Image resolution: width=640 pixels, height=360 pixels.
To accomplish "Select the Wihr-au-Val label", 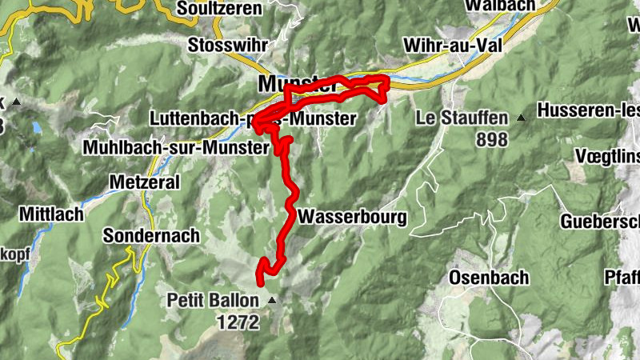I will click(x=453, y=45).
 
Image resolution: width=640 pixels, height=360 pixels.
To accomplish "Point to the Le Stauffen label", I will click(x=462, y=118).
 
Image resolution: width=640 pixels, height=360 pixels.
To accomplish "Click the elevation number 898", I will click(x=491, y=140).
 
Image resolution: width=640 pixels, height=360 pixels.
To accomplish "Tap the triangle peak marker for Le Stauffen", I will click(x=522, y=118).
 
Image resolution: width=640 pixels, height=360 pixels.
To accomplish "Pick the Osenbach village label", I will click(x=489, y=278).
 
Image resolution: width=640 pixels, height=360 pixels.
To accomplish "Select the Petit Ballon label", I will click(x=213, y=301).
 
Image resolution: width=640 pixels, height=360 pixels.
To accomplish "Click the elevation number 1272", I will click(x=238, y=322).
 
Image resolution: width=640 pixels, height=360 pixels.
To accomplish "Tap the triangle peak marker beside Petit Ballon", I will click(x=272, y=301).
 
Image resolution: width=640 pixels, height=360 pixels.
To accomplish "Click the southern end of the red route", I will click(x=260, y=279).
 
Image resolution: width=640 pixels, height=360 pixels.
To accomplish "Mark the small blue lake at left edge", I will click(x=36, y=127).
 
